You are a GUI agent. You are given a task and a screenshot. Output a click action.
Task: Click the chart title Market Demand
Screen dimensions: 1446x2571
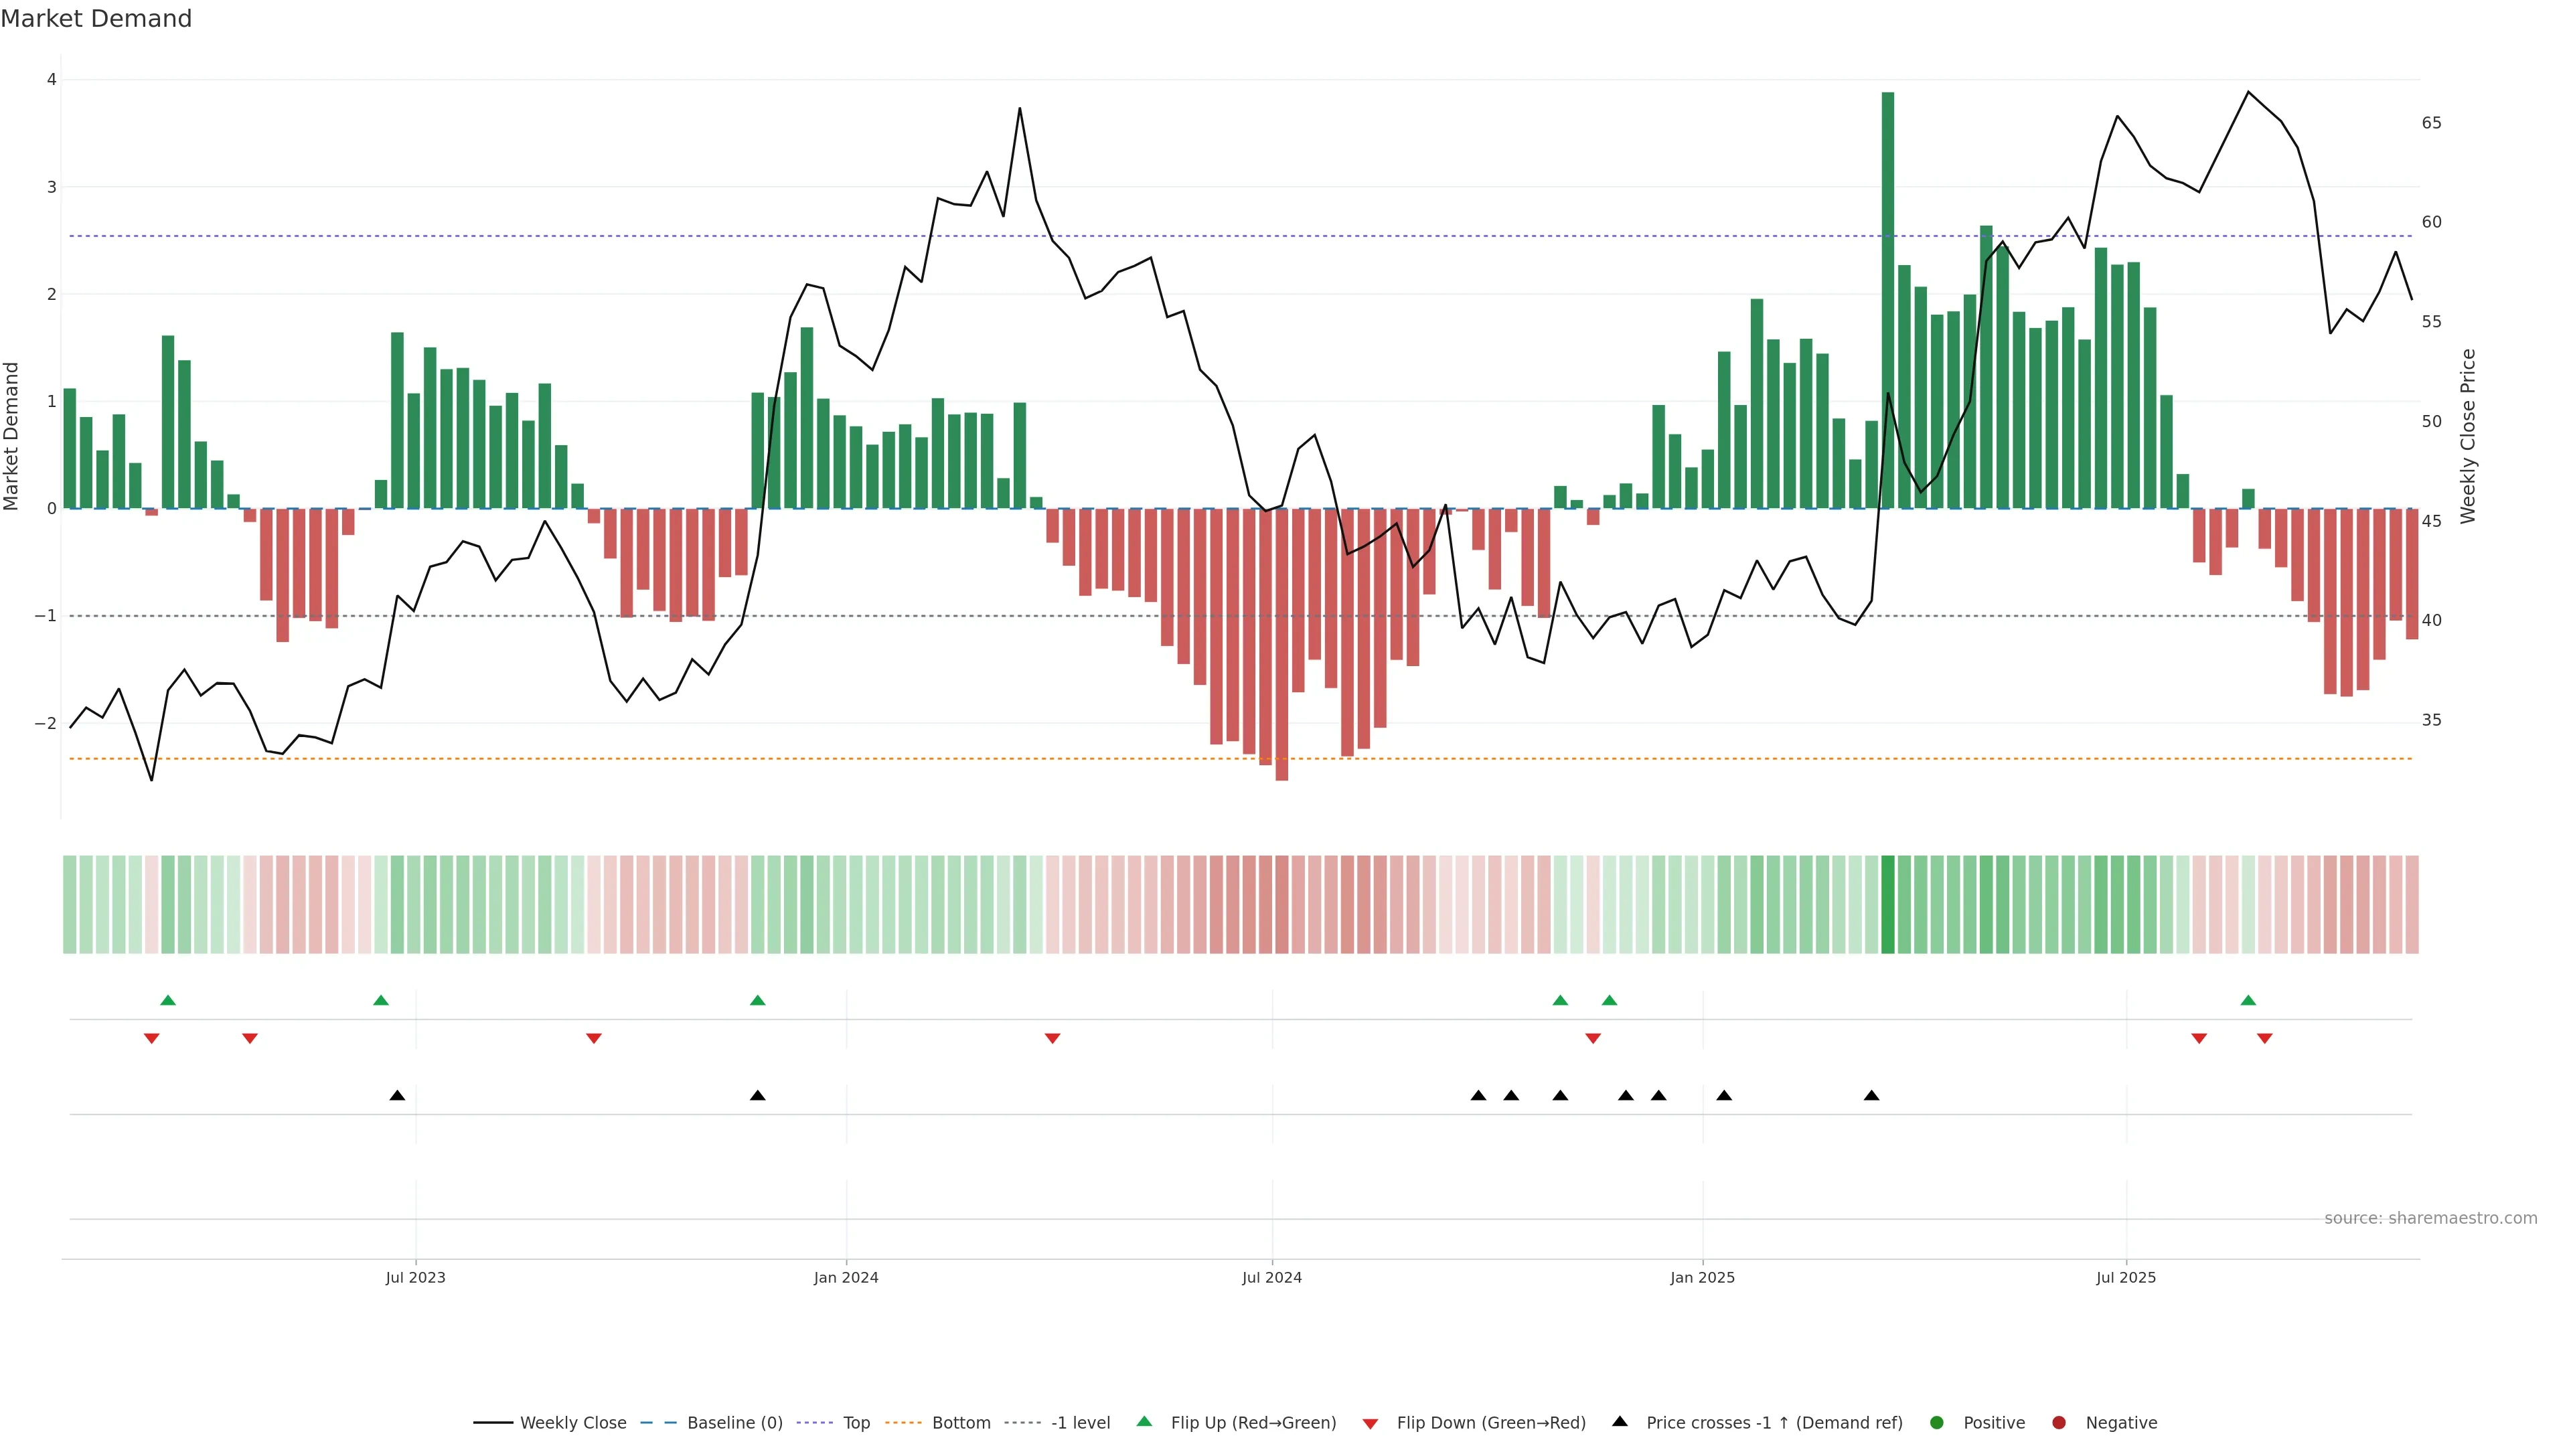(96, 19)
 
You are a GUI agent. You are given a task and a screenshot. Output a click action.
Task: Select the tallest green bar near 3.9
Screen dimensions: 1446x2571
(1887, 299)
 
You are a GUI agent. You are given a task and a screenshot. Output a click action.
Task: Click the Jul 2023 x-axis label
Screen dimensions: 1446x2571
(415, 1277)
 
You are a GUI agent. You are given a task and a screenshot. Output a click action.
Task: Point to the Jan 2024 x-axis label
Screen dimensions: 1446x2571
(846, 1277)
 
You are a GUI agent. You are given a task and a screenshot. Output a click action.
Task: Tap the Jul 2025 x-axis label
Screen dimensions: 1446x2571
(2126, 1277)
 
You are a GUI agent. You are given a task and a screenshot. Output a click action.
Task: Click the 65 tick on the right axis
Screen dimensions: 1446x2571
(2431, 123)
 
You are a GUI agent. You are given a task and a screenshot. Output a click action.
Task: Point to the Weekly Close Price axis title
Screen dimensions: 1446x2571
(2468, 436)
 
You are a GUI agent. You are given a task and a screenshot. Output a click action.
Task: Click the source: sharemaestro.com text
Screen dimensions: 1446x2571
(2430, 1218)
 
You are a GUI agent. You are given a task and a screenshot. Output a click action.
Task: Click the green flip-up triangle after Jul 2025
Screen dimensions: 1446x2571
(2248, 1000)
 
